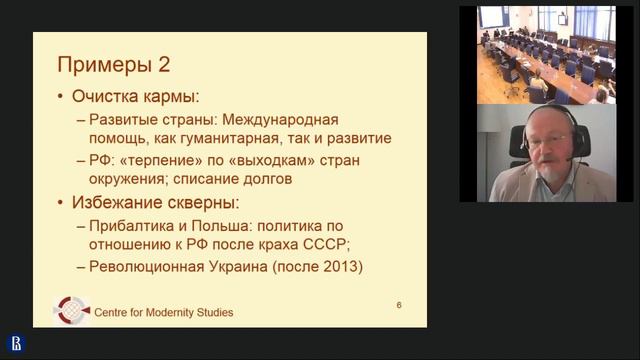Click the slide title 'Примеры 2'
point(112,65)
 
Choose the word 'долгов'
point(261,179)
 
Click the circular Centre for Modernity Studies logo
point(71,309)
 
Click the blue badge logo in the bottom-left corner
point(16,343)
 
